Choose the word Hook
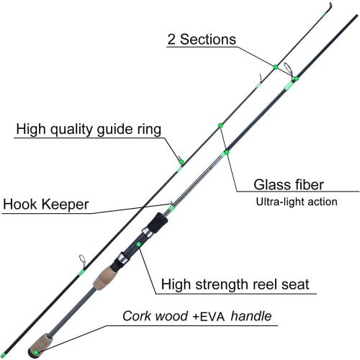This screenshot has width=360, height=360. tap(21, 204)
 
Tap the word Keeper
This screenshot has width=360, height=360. tap(65, 204)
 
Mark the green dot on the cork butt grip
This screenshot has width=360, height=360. tap(35, 351)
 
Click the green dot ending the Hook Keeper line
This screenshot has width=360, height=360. tap(171, 210)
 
